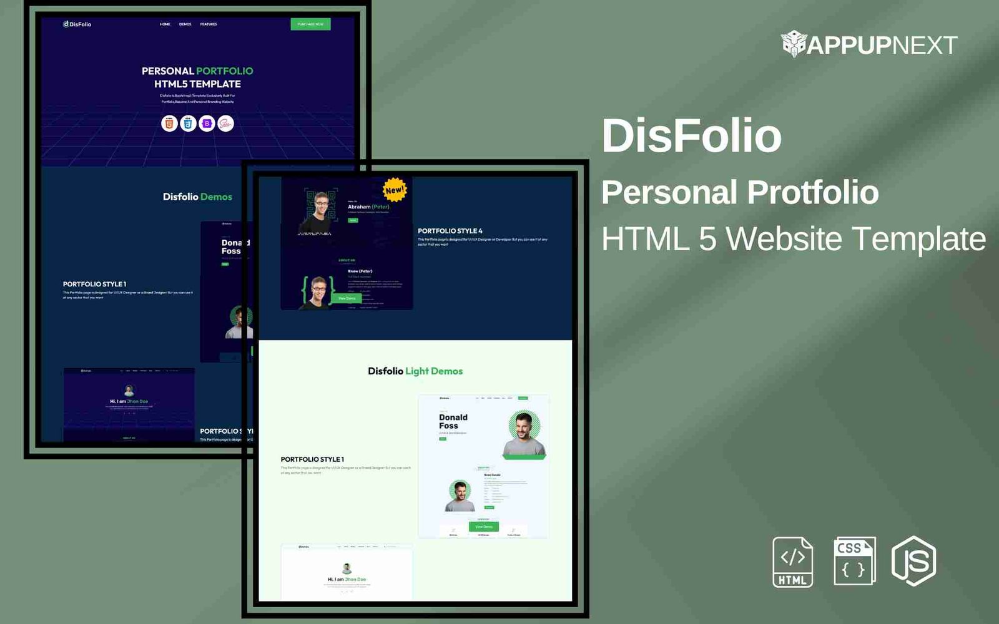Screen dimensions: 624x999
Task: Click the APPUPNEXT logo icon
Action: pos(794,44)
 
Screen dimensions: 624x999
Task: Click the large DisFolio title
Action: pos(691,135)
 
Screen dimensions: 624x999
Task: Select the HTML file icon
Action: pos(792,562)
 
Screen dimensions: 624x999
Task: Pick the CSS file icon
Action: pos(854,561)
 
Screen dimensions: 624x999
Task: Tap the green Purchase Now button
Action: pos(310,24)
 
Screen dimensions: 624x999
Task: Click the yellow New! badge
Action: pos(394,190)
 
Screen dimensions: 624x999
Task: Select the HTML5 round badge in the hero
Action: pos(169,124)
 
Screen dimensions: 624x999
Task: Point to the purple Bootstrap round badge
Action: pos(207,124)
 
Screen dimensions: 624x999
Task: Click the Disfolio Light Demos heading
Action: pos(415,371)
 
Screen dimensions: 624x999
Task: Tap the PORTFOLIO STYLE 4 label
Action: pos(450,231)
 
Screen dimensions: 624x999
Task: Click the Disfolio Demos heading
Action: pos(197,197)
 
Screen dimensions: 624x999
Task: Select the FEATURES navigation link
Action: pos(209,24)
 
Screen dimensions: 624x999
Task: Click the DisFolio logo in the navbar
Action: pos(77,24)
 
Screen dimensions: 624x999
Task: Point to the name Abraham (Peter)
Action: pos(368,207)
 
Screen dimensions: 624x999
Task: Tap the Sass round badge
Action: pos(225,124)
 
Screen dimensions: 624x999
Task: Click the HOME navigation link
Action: pos(165,24)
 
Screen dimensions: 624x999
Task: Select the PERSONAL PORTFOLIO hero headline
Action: pos(197,71)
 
